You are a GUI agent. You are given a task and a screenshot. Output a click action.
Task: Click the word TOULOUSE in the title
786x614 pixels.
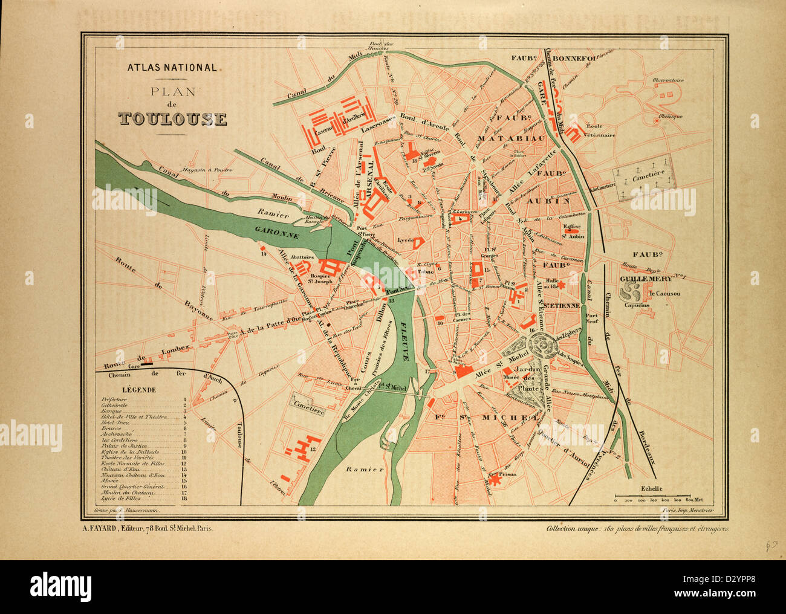pos(172,118)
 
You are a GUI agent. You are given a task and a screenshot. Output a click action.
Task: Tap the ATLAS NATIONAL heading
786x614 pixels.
pos(171,68)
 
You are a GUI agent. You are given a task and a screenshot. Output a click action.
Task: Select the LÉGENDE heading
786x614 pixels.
pos(140,390)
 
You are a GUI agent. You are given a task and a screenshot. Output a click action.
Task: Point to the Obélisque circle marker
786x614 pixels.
pos(655,121)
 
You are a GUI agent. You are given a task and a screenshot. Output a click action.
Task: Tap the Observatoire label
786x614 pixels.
pos(667,80)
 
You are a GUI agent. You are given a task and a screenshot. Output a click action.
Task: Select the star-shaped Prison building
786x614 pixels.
pos(495,480)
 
